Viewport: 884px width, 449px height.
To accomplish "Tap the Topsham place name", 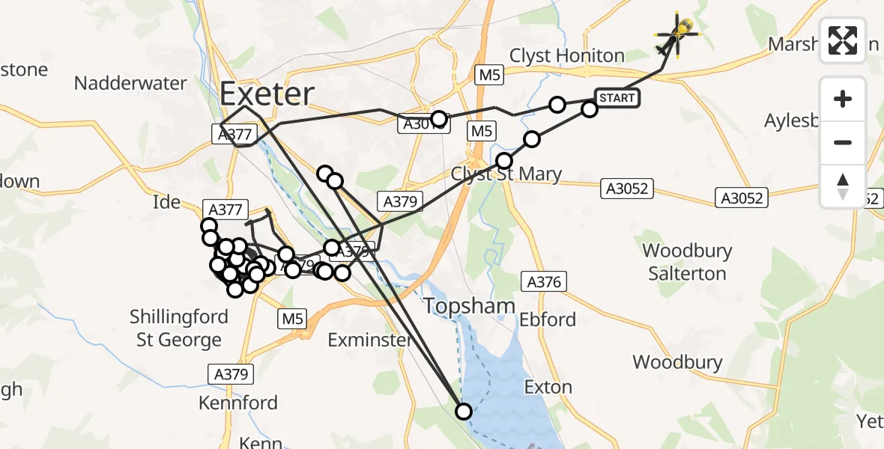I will tap(469, 305).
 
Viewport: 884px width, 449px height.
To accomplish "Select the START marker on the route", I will tap(617, 98).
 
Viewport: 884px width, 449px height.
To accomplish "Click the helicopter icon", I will tap(676, 35).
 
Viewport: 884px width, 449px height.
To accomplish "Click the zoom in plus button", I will tap(843, 99).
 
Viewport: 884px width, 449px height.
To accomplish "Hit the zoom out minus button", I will tap(843, 142).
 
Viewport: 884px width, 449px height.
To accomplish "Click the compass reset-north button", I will tap(843, 186).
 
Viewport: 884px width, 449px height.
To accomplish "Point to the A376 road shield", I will tap(543, 281).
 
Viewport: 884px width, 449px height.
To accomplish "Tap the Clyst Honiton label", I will tap(566, 56).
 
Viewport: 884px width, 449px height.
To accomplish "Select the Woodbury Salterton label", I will tap(687, 262).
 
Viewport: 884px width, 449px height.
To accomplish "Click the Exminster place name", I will tap(370, 340).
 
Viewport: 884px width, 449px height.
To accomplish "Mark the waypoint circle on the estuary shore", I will tap(464, 411).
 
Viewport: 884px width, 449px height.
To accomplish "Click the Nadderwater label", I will tap(130, 83).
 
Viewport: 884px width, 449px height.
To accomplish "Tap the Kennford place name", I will tap(237, 403).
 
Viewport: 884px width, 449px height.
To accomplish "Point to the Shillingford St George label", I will tap(179, 328).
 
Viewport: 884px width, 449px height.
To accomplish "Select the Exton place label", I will tap(548, 388).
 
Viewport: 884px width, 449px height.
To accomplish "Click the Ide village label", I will tap(166, 202).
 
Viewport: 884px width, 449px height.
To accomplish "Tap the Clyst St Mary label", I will tap(506, 175).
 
